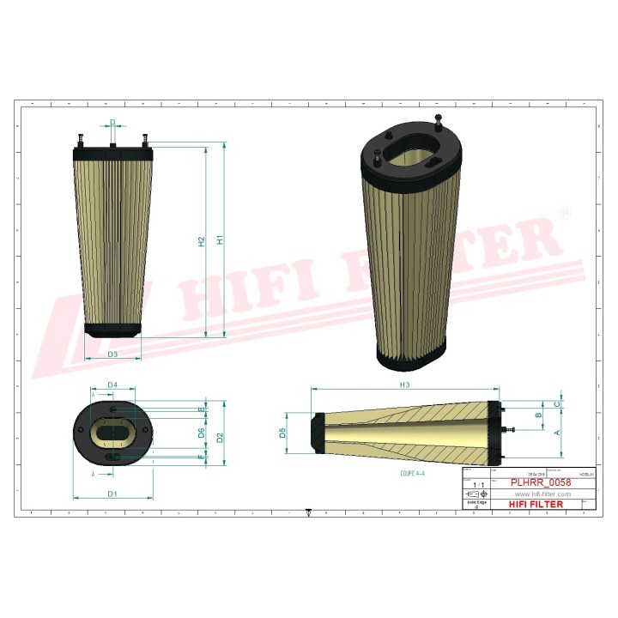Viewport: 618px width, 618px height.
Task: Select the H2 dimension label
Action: (202, 242)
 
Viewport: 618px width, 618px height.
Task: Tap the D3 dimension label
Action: (112, 354)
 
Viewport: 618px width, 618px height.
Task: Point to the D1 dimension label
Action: (112, 494)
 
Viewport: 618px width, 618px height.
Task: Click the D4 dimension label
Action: (112, 385)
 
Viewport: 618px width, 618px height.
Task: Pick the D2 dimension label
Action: (221, 438)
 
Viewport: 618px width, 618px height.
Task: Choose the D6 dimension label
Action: (202, 433)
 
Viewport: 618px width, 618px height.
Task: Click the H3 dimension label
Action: (404, 385)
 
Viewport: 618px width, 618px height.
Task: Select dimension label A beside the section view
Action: (558, 432)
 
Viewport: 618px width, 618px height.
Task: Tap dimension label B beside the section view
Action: (539, 415)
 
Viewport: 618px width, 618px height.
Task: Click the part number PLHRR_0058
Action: (541, 483)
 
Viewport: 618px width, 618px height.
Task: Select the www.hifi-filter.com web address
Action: (542, 494)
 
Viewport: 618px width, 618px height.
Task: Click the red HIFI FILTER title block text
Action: (536, 505)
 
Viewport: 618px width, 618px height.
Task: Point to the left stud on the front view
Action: (81, 139)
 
